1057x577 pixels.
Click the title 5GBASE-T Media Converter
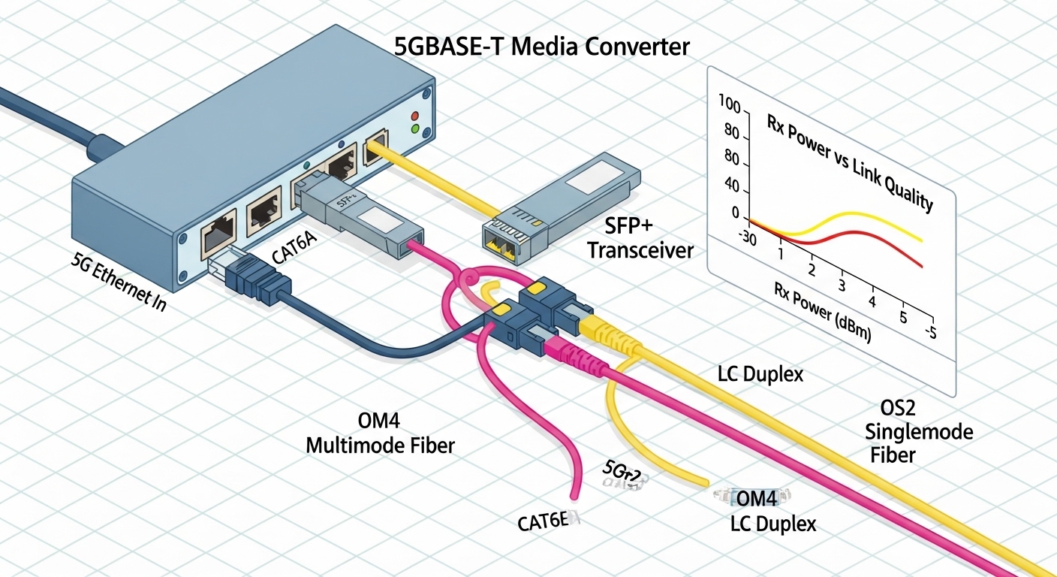(x=541, y=47)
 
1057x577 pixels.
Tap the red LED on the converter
(x=414, y=117)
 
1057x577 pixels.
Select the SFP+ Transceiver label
(x=640, y=237)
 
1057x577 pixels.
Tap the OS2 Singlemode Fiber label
(x=917, y=431)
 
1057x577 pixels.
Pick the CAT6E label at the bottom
(x=547, y=521)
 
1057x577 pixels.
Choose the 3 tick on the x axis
(x=842, y=285)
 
